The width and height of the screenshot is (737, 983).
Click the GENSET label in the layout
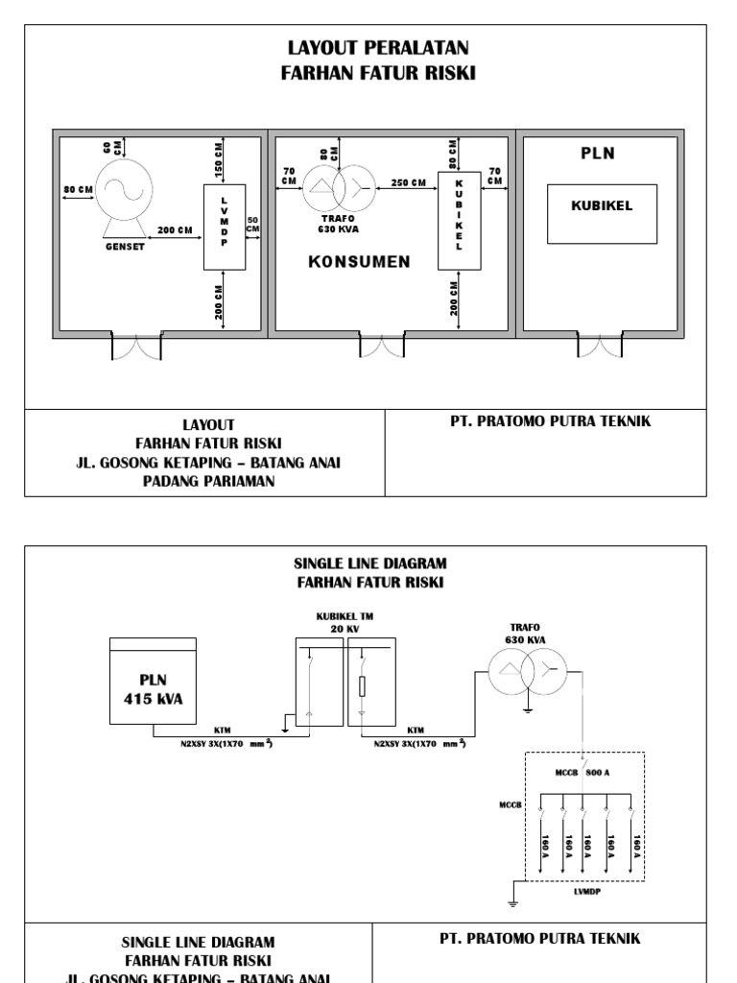[x=125, y=245]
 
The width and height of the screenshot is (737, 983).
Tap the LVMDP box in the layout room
[x=225, y=227]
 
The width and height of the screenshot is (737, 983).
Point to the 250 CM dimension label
[x=410, y=182]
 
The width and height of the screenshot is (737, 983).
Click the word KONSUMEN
[x=359, y=262]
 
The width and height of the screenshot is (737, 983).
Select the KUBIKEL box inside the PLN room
[x=602, y=213]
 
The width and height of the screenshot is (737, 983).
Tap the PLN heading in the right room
[x=598, y=153]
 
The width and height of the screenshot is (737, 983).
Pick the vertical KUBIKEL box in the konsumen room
[x=459, y=222]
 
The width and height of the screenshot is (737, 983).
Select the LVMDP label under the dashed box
[x=585, y=890]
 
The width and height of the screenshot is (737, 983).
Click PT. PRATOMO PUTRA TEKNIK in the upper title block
[x=552, y=421]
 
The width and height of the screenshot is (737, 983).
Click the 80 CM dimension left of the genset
[x=79, y=190]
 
